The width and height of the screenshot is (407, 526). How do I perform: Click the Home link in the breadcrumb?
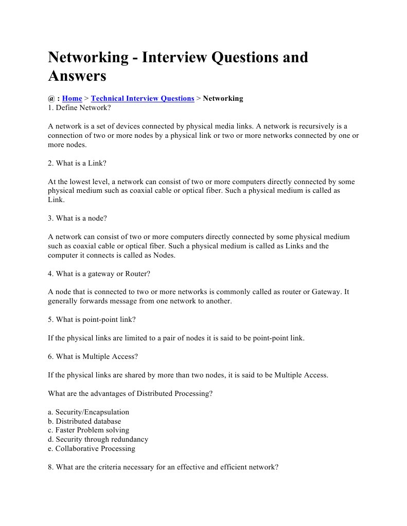[x=72, y=98]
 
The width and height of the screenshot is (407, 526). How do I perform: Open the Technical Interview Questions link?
[x=143, y=98]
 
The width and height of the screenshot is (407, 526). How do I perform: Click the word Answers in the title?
[x=77, y=76]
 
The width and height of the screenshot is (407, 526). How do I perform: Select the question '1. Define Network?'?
[x=79, y=108]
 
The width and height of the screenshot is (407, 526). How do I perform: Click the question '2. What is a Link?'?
[x=77, y=163]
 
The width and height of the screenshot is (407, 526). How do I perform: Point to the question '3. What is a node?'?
[x=77, y=218]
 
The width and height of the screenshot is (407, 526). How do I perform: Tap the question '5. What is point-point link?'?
[x=92, y=319]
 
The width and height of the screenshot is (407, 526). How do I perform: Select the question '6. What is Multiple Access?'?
[x=93, y=356]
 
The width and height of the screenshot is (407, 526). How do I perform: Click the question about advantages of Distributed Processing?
[x=130, y=394]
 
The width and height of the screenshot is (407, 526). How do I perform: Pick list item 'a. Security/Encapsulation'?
[x=89, y=412]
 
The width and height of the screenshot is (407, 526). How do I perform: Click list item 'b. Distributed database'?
[x=84, y=421]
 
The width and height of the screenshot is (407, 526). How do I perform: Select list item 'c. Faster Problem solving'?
[x=89, y=430]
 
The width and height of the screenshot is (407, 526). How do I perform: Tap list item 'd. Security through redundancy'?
[x=98, y=439]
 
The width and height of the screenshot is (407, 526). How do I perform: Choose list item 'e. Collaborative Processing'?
[x=92, y=448]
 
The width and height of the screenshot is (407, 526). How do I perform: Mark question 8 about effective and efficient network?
[x=163, y=467]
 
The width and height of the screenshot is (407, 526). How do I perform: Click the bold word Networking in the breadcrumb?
[x=223, y=98]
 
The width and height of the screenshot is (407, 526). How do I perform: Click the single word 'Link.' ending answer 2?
[x=56, y=199]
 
